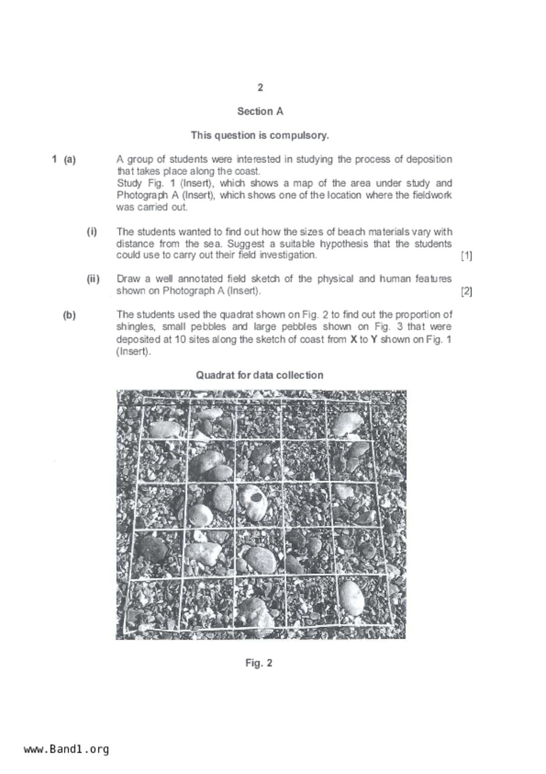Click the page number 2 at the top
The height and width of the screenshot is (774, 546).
point(260,87)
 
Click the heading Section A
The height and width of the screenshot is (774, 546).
point(260,111)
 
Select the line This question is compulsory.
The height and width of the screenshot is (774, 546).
point(260,135)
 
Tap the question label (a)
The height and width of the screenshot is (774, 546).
point(70,159)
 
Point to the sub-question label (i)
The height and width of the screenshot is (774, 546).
point(92,232)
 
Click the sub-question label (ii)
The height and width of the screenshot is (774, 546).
point(93,279)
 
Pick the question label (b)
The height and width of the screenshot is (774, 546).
point(69,315)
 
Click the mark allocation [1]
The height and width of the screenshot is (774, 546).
point(466,255)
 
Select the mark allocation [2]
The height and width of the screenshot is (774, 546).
point(466,291)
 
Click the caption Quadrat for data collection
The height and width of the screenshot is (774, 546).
point(260,375)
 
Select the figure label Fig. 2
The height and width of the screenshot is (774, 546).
point(259,663)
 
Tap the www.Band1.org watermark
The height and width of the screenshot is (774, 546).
point(66,749)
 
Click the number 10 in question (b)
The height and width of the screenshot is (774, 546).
point(180,339)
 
